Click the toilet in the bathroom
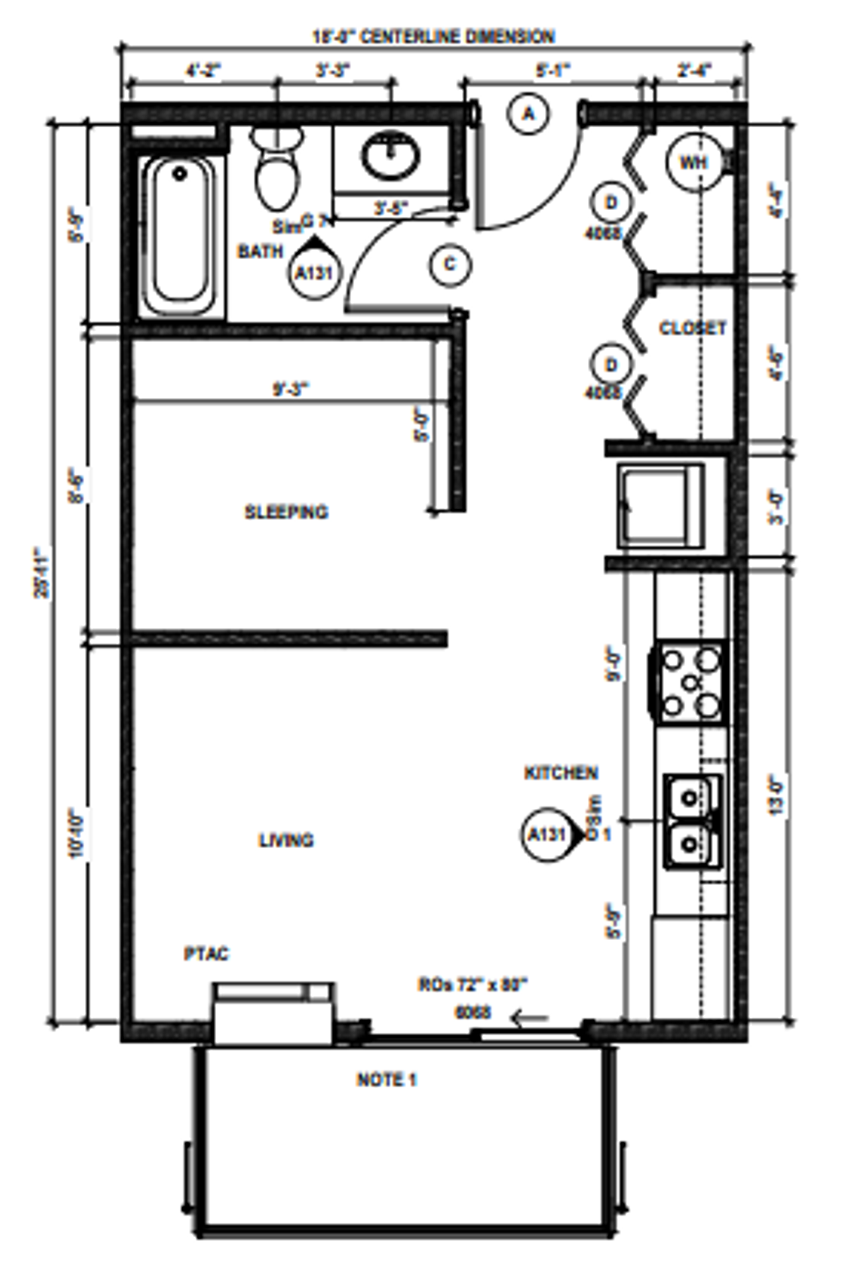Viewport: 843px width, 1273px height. pyautogui.click(x=277, y=174)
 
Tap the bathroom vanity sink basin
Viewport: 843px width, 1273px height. pyautogui.click(x=390, y=156)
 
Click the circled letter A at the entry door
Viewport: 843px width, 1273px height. pyautogui.click(x=528, y=114)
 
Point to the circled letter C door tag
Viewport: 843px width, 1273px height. pyautogui.click(x=450, y=265)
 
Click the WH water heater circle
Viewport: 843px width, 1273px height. pyautogui.click(x=693, y=162)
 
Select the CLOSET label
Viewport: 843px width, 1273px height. pyautogui.click(x=693, y=328)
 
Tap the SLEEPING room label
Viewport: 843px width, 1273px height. pyautogui.click(x=286, y=512)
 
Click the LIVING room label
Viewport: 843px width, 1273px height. pyautogui.click(x=286, y=840)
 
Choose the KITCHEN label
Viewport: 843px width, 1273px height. pyautogui.click(x=561, y=773)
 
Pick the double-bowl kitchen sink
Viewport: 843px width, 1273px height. pyautogui.click(x=691, y=821)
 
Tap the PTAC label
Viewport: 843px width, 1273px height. pyautogui.click(x=206, y=953)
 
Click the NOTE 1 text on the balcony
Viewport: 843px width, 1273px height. pyautogui.click(x=386, y=1080)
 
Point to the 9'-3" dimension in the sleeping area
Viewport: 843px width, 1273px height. pyautogui.click(x=291, y=389)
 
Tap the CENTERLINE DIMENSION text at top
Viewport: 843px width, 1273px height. pyautogui.click(x=457, y=36)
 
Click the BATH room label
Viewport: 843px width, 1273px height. pyautogui.click(x=260, y=251)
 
